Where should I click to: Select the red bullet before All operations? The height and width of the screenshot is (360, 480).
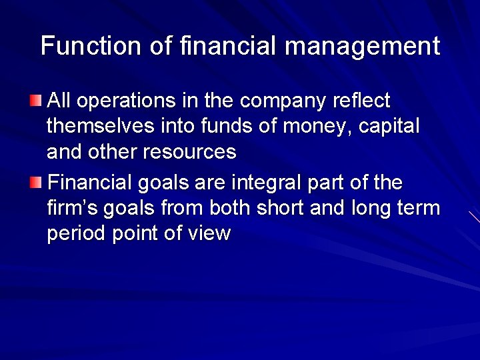tap(36, 101)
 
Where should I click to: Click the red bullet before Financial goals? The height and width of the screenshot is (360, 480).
tap(36, 182)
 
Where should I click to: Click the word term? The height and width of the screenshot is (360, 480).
tap(420, 208)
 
